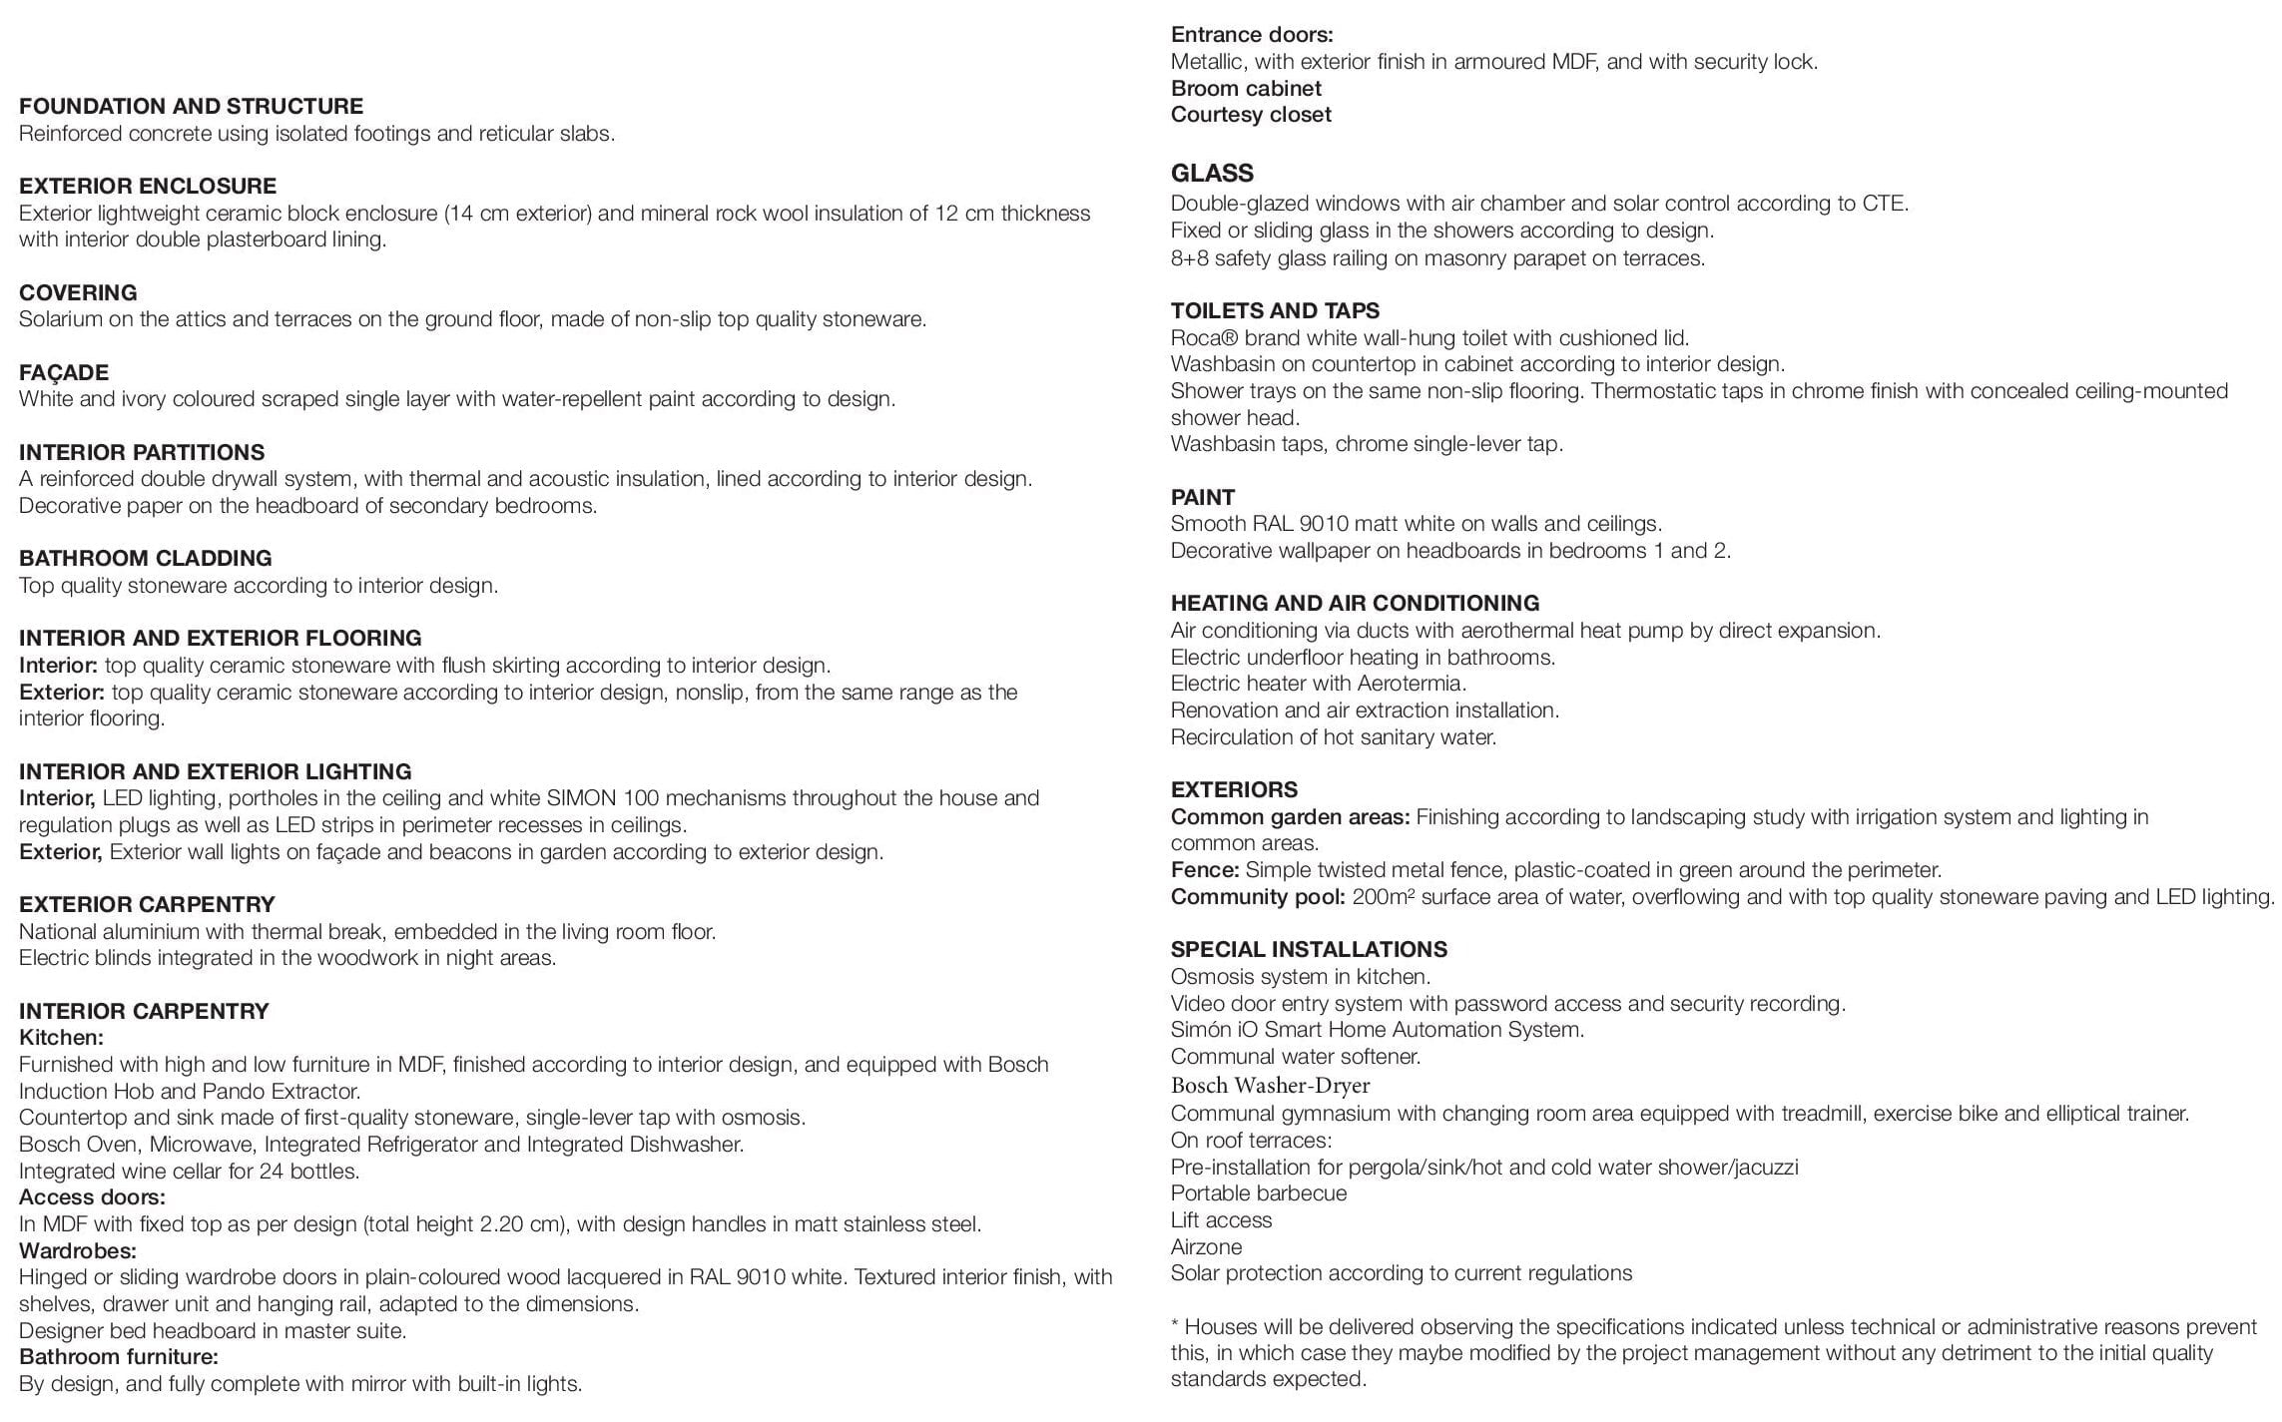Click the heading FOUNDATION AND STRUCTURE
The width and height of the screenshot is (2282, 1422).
(191, 107)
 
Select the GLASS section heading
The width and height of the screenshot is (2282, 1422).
(1212, 174)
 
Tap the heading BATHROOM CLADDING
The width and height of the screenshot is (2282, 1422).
(146, 559)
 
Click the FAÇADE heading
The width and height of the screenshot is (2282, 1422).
(64, 373)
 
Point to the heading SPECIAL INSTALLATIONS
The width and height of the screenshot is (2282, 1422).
(1309, 950)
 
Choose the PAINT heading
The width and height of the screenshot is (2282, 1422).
(1203, 498)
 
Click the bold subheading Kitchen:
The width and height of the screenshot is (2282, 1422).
(61, 1038)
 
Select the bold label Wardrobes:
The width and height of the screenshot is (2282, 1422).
(78, 1250)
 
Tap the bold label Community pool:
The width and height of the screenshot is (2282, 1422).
(1258, 897)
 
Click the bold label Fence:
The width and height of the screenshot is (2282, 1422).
(1204, 870)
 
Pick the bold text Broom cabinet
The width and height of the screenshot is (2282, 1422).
(1246, 89)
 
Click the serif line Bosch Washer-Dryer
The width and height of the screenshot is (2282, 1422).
(1270, 1085)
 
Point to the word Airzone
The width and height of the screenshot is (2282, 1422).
(1206, 1247)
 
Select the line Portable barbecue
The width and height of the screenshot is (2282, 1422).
(1259, 1193)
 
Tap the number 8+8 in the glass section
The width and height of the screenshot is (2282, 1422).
(1189, 258)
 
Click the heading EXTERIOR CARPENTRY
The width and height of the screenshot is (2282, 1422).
(147, 905)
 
